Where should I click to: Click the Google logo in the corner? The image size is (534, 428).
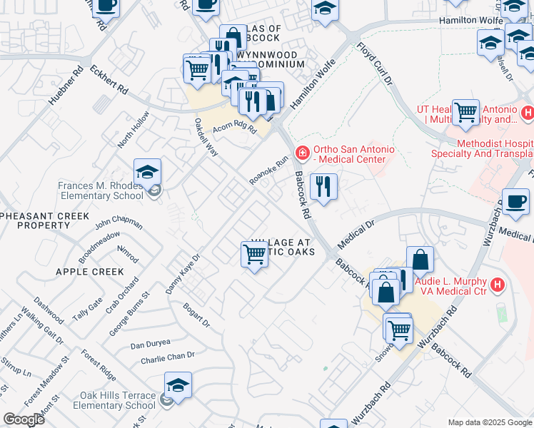pyautogui.click(x=24, y=419)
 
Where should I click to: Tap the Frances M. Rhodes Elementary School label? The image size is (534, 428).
pyautogui.click(x=101, y=190)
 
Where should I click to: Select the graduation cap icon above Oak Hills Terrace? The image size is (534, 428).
pyautogui.click(x=178, y=387)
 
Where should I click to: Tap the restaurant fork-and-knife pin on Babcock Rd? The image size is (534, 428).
pyautogui.click(x=323, y=187)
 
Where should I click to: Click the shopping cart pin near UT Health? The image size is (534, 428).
pyautogui.click(x=465, y=112)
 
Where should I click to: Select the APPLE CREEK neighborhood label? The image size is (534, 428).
pyautogui.click(x=90, y=272)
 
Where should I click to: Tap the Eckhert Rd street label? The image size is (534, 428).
pyautogui.click(x=114, y=81)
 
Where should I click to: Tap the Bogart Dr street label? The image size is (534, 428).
pyautogui.click(x=196, y=315)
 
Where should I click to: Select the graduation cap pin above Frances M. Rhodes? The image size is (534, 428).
pyautogui.click(x=147, y=173)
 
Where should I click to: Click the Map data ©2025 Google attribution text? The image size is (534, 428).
pyautogui.click(x=490, y=422)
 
